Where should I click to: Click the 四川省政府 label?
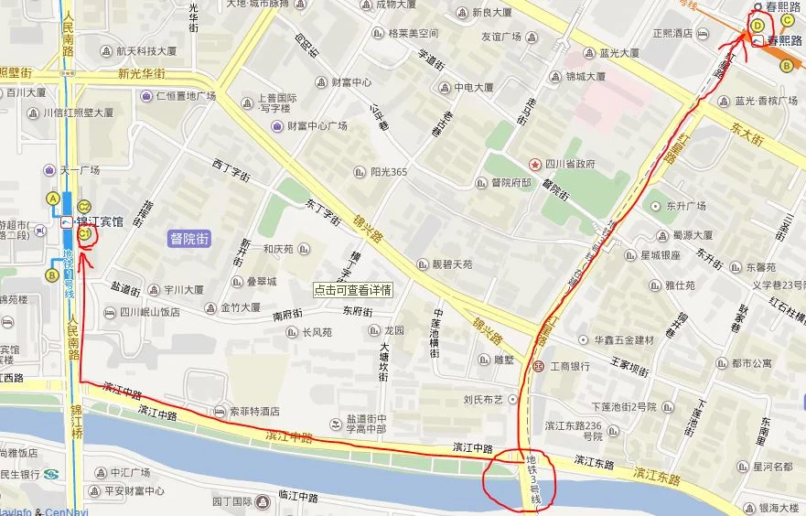tap(570, 164)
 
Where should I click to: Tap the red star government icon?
tap(535, 163)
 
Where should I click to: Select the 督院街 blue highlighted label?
tap(189, 239)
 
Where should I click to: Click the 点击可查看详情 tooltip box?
tap(352, 289)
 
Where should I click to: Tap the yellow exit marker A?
tap(53, 199)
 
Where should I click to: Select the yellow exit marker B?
tap(53, 274)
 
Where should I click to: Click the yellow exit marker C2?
tap(84, 206)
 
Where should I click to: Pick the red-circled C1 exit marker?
tap(85, 235)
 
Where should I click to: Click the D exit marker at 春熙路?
tap(757, 26)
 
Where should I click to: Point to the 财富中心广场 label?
tap(317, 126)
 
